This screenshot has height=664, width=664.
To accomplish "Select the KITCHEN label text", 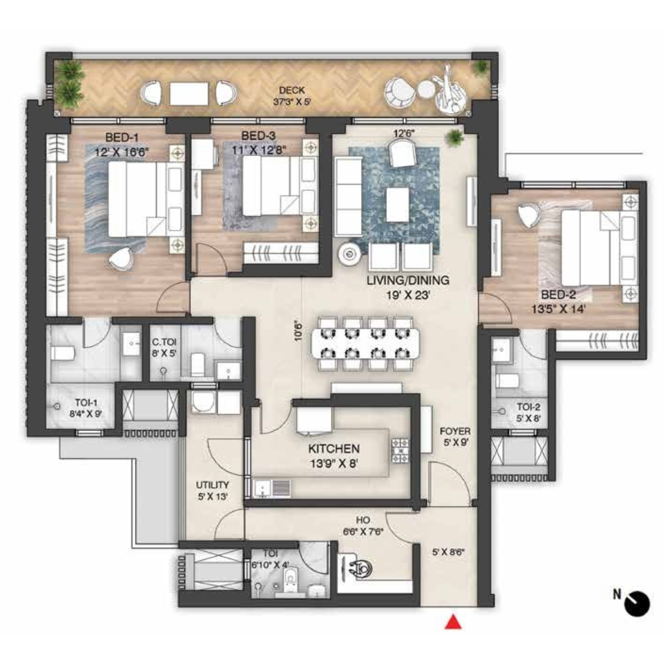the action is coord(334,449).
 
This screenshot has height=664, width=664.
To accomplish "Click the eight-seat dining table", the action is coord(365,343).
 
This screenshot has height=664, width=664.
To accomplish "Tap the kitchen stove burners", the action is coord(400,451).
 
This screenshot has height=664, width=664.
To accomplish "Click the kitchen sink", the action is coord(263,488).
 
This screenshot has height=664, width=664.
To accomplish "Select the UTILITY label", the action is coord(212,485).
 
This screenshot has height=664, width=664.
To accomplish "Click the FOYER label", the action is coord(455,431).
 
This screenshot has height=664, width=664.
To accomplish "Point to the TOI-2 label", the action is coord(528,407).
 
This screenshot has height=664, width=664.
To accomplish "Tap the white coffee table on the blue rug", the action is coord(398,204).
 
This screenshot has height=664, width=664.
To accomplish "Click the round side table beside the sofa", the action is coord(350,254).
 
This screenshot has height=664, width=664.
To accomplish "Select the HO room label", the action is coord(363,520).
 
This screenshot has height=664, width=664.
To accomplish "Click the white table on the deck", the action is coord(189,94).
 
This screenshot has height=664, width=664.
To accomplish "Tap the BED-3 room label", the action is coord(258,136).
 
